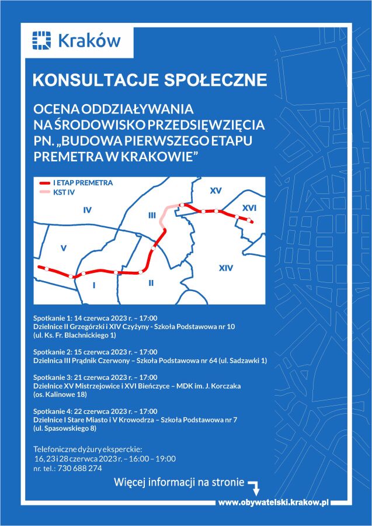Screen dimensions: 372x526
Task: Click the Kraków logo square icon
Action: [42, 40]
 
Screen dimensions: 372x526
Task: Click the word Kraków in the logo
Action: [89, 41]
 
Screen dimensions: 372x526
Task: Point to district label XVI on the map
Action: [249, 207]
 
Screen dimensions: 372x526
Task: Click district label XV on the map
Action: [216, 191]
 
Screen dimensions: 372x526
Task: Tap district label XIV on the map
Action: [225, 268]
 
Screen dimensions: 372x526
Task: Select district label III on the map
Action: [152, 216]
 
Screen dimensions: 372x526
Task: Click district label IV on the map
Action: [88, 210]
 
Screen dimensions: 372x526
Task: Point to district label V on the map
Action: [64, 248]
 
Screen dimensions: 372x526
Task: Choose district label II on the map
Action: [151, 283]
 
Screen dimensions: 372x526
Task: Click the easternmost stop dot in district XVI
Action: [249, 220]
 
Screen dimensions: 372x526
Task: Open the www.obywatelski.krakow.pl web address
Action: [274, 502]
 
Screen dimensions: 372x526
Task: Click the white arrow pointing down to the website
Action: [254, 486]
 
